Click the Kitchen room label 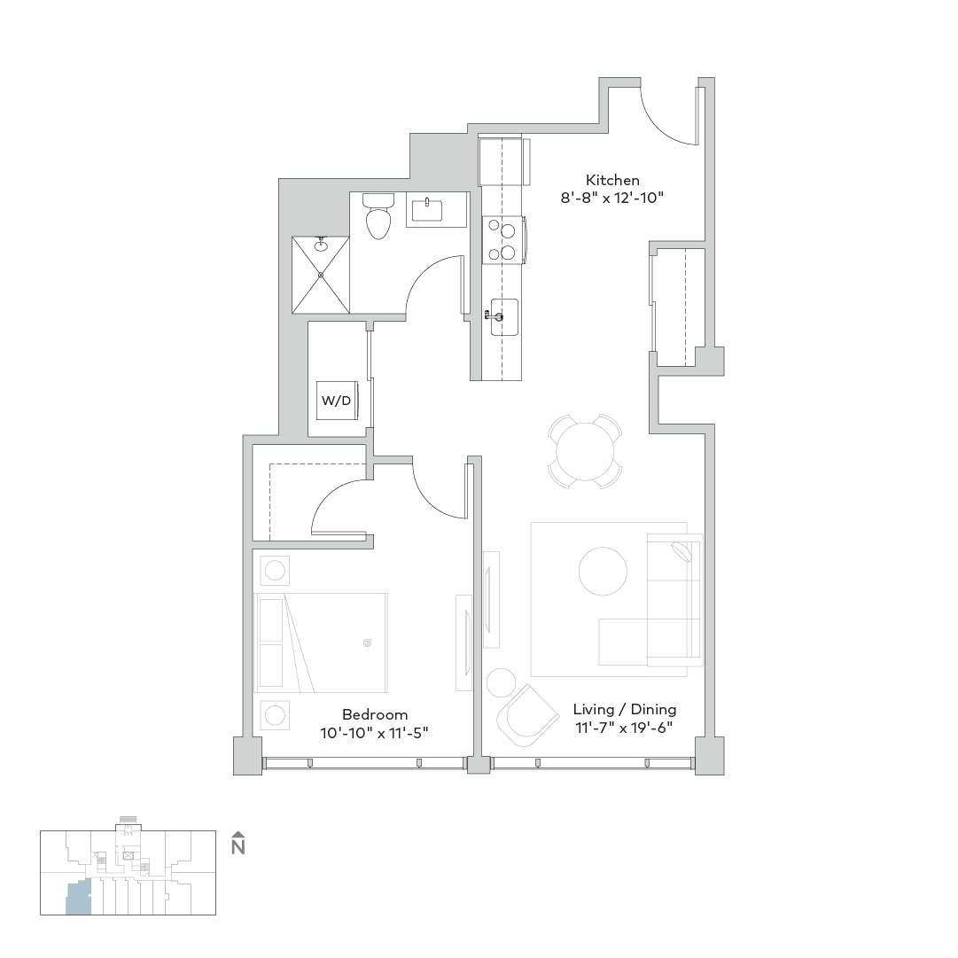pos(612,180)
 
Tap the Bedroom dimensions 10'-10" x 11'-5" pos(375,733)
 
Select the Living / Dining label pos(625,709)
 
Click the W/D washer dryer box pos(337,401)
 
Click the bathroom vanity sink pos(426,209)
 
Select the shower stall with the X pos(321,275)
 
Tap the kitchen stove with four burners pos(503,240)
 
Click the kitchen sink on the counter pos(504,317)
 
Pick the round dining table pos(585,452)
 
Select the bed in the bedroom pos(321,643)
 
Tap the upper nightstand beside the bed pos(275,571)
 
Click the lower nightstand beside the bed pos(275,715)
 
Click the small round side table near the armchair pos(501,682)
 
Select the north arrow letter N pos(238,847)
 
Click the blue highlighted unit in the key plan pos(78,898)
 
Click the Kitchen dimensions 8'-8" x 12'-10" pos(612,198)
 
